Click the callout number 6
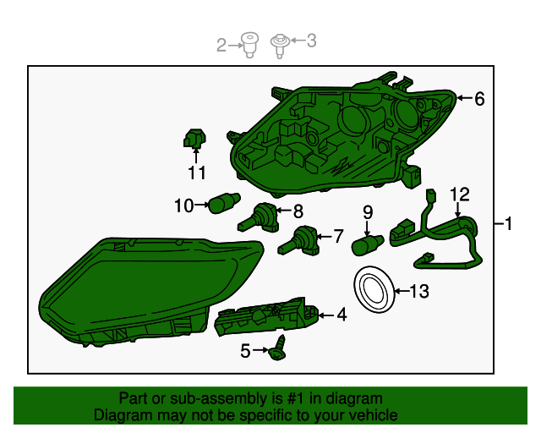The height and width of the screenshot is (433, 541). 479,99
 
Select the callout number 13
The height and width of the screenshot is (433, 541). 418,292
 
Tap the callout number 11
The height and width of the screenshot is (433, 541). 196,173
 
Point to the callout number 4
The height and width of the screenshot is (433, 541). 342,315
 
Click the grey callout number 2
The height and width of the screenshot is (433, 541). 222,45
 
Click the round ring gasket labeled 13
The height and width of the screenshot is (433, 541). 373,288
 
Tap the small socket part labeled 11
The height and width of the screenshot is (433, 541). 195,138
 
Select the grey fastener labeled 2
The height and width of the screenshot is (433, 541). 249,44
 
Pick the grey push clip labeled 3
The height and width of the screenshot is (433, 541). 279,42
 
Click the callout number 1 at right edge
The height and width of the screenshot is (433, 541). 509,224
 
